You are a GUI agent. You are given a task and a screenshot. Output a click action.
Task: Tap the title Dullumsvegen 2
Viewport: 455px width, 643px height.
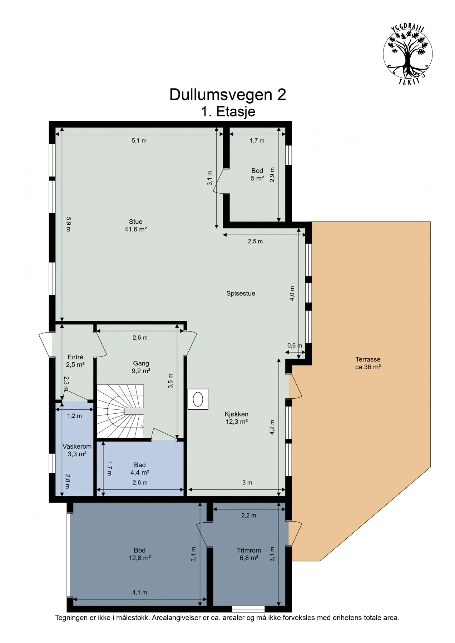[x=228, y=95]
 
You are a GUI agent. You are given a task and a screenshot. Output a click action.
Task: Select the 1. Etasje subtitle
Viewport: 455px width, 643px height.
[x=228, y=111]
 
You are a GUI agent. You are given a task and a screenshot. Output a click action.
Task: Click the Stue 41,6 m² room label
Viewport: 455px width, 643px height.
[x=135, y=225]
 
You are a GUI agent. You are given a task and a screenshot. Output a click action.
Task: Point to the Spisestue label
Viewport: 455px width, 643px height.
[x=241, y=294]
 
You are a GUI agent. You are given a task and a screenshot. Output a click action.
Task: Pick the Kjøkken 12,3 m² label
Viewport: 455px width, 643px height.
[x=236, y=418]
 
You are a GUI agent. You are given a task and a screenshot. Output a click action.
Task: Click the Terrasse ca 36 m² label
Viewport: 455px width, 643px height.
[x=368, y=363]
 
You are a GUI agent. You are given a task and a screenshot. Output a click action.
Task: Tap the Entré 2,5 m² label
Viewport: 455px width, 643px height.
[x=75, y=360]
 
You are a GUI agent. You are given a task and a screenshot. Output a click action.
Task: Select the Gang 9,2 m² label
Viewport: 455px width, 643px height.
[x=141, y=367]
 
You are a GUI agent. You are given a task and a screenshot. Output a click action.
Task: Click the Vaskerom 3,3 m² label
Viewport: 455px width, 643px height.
[x=77, y=450]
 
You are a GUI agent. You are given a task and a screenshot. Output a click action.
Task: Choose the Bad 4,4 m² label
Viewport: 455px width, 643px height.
[x=140, y=468]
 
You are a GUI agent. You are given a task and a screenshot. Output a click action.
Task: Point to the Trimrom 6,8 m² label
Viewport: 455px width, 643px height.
[x=249, y=554]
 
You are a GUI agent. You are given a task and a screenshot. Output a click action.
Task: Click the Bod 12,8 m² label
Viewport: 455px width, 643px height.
[x=140, y=554]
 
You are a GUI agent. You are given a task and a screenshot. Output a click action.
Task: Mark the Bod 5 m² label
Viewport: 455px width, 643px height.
[x=257, y=174]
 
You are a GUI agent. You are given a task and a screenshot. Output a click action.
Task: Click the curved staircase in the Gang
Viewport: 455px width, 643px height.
[x=120, y=411]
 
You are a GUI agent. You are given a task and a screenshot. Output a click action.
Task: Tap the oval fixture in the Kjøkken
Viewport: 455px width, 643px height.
[x=198, y=399]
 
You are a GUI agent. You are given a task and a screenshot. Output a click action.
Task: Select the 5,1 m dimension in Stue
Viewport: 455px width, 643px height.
[x=139, y=140]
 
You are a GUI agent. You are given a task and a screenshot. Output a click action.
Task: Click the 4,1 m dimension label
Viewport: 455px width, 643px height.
[x=140, y=592]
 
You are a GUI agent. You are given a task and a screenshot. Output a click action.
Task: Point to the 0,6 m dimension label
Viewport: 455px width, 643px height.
[x=295, y=345]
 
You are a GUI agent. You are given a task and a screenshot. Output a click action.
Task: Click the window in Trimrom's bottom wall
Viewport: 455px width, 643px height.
[x=248, y=608]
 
